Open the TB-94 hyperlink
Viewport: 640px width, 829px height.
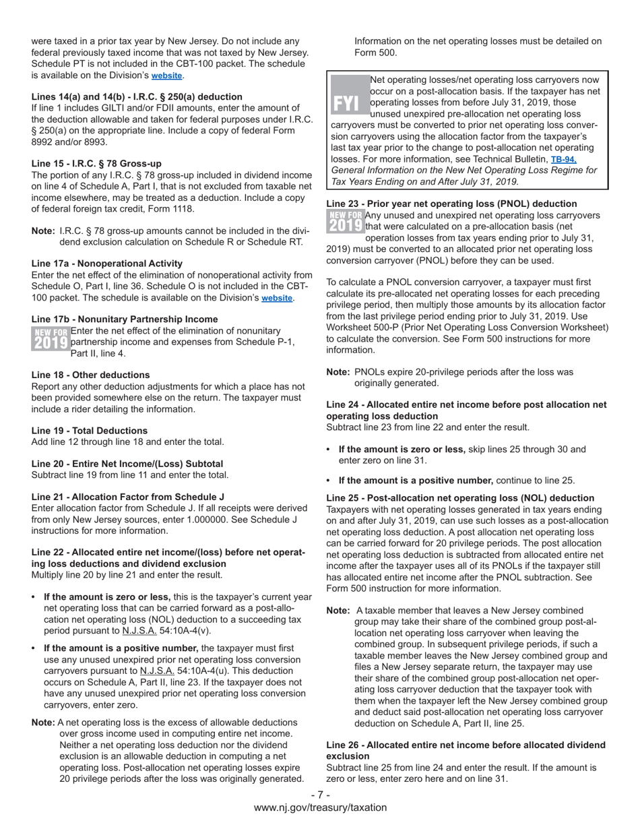pos(563,160)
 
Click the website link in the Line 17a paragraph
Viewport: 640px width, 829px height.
pos(277,298)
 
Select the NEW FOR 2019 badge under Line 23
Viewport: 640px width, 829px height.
pos(345,221)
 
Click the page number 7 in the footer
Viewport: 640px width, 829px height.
pos(320,795)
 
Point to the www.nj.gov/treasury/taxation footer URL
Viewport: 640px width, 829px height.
pos(320,807)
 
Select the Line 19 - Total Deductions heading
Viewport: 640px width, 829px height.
pos(90,431)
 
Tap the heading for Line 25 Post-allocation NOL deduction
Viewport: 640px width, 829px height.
pos(460,498)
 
